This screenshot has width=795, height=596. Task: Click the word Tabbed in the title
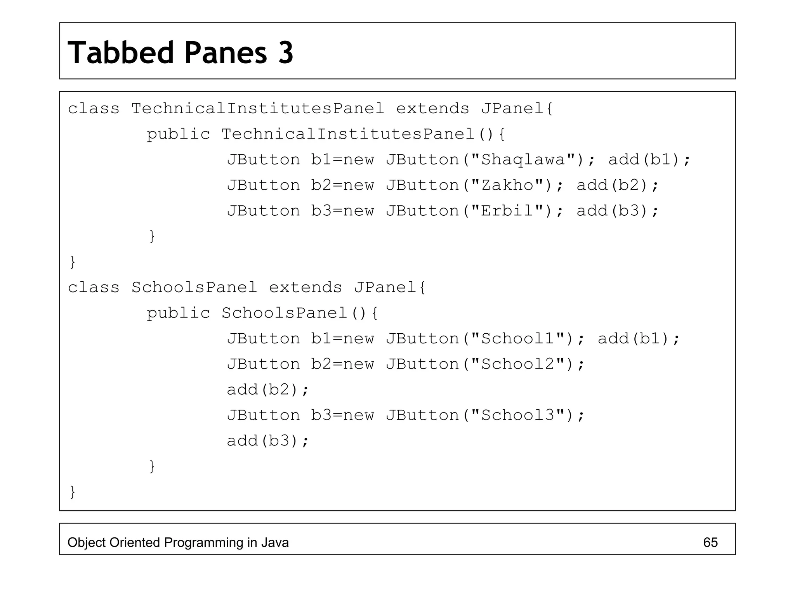pyautogui.click(x=121, y=53)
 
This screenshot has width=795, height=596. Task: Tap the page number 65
pyautogui.click(x=710, y=542)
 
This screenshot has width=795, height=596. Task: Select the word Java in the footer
pyautogui.click(x=275, y=542)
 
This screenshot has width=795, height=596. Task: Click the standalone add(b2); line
pyautogui.click(x=268, y=390)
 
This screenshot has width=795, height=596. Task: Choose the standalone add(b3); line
pyautogui.click(x=268, y=441)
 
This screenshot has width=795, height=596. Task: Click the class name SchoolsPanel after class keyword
pyautogui.click(x=194, y=288)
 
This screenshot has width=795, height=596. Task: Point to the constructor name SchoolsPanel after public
pyautogui.click(x=284, y=313)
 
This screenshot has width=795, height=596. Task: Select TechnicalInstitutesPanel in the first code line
pyautogui.click(x=257, y=109)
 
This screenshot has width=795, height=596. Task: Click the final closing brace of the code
pyautogui.click(x=72, y=492)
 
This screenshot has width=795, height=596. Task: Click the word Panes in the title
pyautogui.click(x=226, y=53)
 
